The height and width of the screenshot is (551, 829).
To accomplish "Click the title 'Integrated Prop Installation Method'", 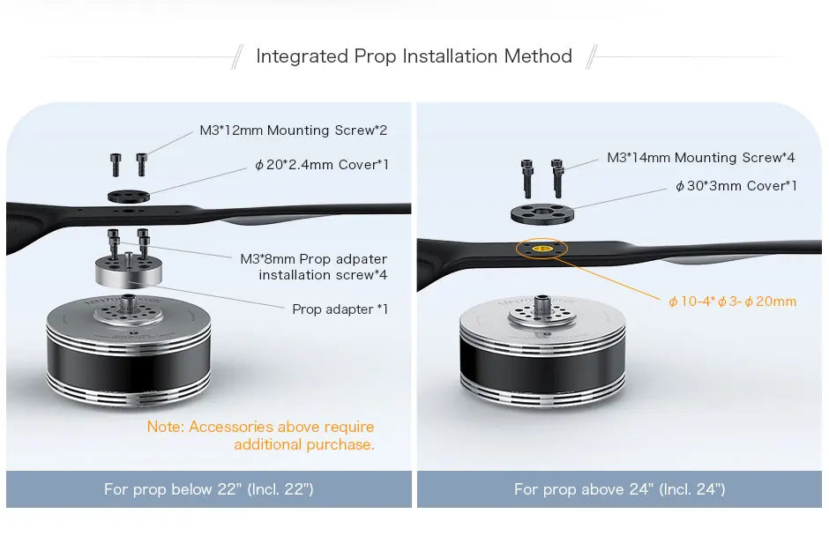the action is (414, 56).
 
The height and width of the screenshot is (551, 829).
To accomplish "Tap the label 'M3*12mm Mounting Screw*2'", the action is (294, 130).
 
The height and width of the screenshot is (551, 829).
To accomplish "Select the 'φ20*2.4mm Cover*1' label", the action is (321, 165).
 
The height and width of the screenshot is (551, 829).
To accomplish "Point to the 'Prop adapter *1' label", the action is (340, 309).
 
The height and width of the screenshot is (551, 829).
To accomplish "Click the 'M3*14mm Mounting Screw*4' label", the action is (700, 158).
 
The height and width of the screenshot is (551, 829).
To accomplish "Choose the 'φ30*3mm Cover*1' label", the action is (736, 186).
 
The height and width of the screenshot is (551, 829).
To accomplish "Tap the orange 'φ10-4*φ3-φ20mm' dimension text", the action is (732, 302).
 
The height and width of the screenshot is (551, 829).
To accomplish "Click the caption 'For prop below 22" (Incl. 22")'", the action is (209, 489).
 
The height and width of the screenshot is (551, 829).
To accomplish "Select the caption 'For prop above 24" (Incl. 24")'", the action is (620, 489).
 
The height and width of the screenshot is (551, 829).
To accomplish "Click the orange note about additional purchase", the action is (261, 436).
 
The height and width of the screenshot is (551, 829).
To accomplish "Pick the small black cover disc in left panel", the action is (129, 197).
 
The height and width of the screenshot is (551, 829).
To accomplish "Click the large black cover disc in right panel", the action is (542, 213).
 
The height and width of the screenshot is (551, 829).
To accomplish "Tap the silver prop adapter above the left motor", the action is (129, 271).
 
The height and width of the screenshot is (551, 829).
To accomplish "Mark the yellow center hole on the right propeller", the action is (541, 249).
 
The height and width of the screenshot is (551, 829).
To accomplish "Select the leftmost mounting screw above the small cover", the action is (116, 165).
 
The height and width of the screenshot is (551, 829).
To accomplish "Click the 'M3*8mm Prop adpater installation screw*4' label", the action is (313, 267).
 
